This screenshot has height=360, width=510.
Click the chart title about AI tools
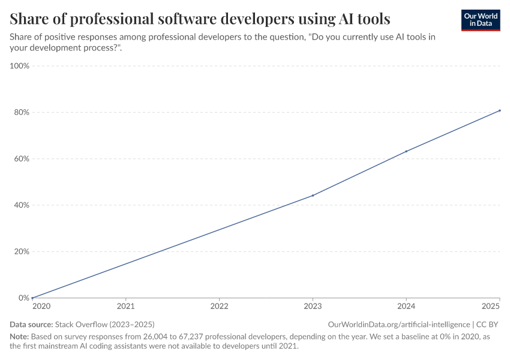point(200,19)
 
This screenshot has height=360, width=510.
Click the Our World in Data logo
point(480,20)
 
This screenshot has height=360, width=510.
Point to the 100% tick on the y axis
point(20,66)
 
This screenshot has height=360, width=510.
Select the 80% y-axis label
point(21,112)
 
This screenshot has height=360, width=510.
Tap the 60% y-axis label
point(21,159)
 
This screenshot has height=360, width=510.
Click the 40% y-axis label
point(21,205)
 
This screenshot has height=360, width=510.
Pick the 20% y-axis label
point(21,251)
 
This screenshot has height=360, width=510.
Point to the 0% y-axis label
point(23,298)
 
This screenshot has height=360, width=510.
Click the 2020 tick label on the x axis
point(41,307)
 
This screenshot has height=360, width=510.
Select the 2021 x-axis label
point(125,307)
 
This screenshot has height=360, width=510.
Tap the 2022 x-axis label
point(219,307)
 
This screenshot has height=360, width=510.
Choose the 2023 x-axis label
point(313,307)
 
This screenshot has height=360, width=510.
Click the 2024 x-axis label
point(406,307)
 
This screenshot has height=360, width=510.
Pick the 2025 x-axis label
point(491,307)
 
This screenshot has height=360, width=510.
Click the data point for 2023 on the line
point(313,196)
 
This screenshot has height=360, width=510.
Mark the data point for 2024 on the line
point(406,151)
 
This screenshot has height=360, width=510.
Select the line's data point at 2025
point(500,110)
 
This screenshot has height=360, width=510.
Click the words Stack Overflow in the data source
point(80,324)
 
